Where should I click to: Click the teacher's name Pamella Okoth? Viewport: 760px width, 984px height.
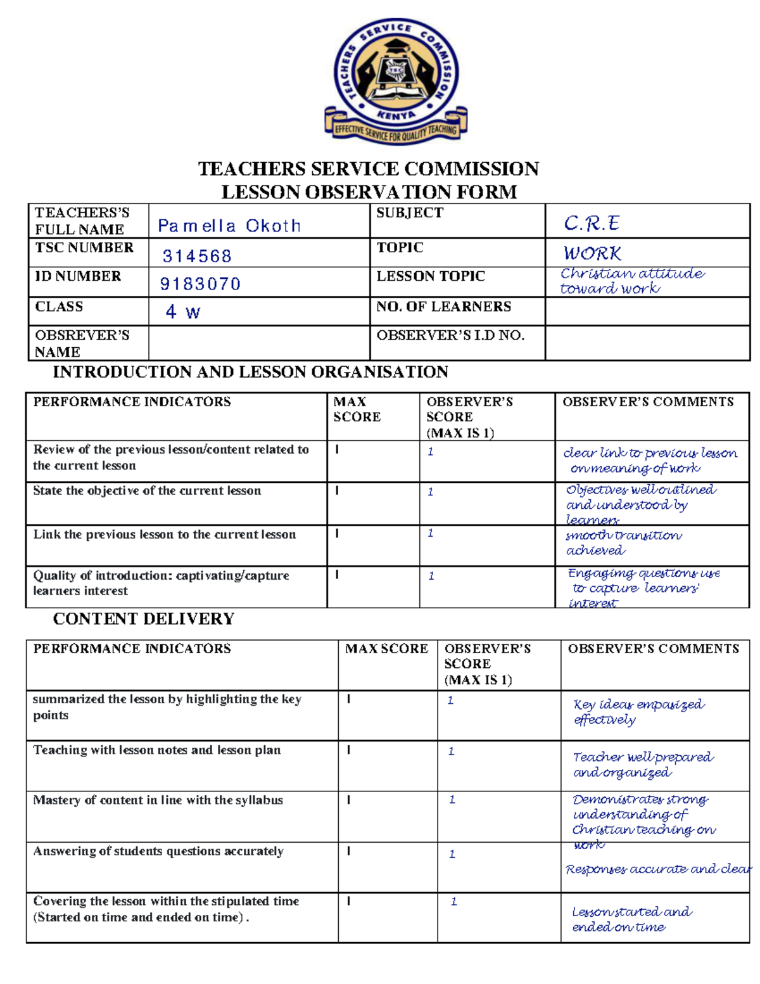(x=229, y=226)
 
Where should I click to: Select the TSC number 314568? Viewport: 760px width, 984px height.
(x=197, y=256)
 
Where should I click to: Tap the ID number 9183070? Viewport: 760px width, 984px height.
(x=200, y=284)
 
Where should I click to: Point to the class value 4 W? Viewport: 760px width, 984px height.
(x=182, y=312)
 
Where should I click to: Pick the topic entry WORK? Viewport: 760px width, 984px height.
(x=592, y=253)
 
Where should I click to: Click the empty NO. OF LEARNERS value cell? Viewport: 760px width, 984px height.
(x=647, y=312)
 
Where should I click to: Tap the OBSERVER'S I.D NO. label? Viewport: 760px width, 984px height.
(x=450, y=335)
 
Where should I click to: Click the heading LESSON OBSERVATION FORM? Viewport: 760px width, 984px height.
(x=369, y=192)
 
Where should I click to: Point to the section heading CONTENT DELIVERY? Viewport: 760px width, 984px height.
(x=144, y=619)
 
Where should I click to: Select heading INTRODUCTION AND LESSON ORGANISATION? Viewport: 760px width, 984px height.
(x=250, y=372)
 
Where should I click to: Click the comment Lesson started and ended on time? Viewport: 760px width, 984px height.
(x=631, y=919)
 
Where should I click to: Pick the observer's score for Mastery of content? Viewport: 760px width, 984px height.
(x=452, y=800)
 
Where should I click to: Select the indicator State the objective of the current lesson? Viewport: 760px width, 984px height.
(x=147, y=491)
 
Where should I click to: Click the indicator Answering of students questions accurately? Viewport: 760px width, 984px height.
(x=158, y=852)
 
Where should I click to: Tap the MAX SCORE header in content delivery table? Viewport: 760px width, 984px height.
(x=386, y=649)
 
